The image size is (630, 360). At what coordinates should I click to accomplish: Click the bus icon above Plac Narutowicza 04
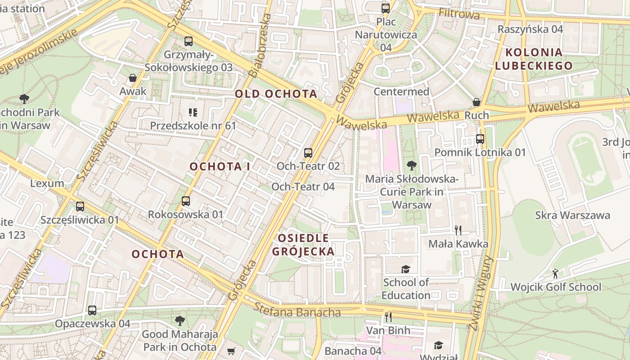385,8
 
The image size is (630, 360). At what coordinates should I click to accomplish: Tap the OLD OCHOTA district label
276,94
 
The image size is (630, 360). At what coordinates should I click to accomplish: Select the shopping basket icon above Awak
133,78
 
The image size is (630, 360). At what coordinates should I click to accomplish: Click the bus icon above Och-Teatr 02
308,153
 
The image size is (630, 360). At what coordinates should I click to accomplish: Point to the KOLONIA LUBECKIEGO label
534,58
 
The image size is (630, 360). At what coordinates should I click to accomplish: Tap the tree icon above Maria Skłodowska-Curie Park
411,166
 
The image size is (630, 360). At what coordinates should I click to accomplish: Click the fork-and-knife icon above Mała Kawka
458,230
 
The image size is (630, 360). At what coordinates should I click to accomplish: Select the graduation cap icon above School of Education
405,269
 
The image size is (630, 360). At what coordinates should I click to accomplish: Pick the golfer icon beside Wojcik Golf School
556,274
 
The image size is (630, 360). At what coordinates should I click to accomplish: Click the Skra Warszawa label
572,215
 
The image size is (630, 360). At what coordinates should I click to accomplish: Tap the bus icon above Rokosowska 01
186,201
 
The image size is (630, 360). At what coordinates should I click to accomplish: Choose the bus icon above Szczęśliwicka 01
80,207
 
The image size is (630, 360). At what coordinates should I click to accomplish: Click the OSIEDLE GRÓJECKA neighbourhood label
303,244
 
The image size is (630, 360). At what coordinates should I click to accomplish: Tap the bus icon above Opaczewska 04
92,310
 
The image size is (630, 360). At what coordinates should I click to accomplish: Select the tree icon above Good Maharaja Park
180,321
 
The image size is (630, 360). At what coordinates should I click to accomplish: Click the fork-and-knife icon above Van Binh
388,317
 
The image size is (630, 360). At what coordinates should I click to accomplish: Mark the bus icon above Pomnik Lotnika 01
480,139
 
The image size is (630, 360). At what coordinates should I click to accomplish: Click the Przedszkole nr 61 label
193,126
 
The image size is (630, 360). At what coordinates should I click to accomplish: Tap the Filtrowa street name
459,14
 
